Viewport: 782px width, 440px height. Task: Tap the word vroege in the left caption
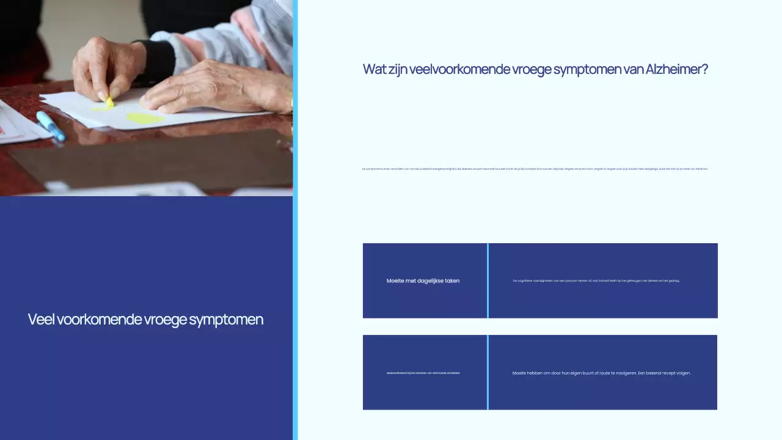(165, 320)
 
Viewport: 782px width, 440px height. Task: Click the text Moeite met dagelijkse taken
(423, 281)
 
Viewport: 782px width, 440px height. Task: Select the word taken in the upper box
(450, 281)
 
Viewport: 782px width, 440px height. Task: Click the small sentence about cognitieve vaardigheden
(596, 281)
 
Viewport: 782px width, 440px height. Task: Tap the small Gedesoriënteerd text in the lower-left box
(423, 373)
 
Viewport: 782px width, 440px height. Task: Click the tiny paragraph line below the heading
(535, 169)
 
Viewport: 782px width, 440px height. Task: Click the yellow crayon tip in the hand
(109, 102)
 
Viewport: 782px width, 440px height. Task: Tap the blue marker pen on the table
(51, 126)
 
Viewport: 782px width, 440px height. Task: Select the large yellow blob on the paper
(145, 118)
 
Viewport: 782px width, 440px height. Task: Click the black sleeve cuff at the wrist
(160, 62)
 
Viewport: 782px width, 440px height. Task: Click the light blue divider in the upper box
(488, 280)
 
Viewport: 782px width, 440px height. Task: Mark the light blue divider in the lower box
(488, 372)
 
